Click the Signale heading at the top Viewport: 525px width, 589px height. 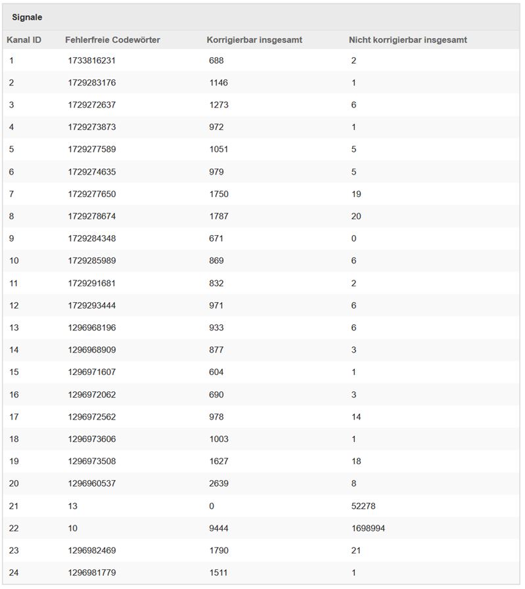27,17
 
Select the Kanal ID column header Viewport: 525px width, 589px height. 24,40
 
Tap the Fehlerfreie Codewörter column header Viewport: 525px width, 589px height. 112,40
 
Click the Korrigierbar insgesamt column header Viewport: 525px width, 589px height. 254,40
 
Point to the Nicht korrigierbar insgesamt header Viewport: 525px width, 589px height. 407,40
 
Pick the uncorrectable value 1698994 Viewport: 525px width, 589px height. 368,528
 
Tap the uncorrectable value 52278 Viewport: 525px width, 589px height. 363,506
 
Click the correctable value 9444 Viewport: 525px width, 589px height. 218,528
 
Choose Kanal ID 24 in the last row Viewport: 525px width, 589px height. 14,573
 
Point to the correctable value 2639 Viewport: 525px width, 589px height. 218,484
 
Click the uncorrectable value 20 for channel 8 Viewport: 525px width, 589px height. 357,216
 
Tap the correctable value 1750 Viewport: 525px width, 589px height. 218,194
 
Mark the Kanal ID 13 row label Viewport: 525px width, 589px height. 14,328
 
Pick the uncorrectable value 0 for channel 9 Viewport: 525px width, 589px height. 354,238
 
